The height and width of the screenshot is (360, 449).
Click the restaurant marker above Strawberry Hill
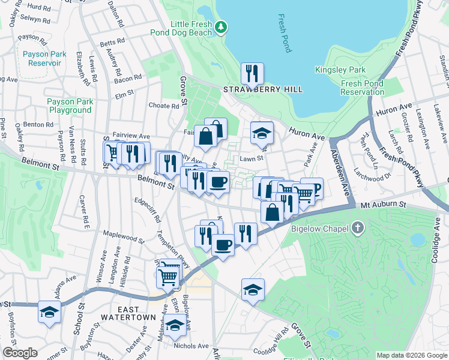coord(252,74)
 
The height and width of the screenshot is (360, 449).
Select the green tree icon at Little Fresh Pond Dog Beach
coord(221,26)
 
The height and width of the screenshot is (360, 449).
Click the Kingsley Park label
coord(340,70)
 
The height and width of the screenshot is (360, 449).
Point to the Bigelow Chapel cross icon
coord(358,227)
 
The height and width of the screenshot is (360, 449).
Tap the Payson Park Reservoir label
coord(44,58)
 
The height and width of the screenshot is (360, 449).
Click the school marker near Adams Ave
coord(49,312)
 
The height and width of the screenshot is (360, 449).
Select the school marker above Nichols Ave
coord(175,325)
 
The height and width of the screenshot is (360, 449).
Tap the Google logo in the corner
coord(20,353)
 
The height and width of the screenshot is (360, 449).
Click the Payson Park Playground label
coord(70,106)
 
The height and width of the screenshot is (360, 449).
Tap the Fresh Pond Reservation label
coord(362,88)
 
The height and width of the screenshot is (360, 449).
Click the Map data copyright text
coord(411,355)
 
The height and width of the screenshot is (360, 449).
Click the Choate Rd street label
coord(164,106)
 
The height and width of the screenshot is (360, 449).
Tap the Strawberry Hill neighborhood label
coord(263,89)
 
